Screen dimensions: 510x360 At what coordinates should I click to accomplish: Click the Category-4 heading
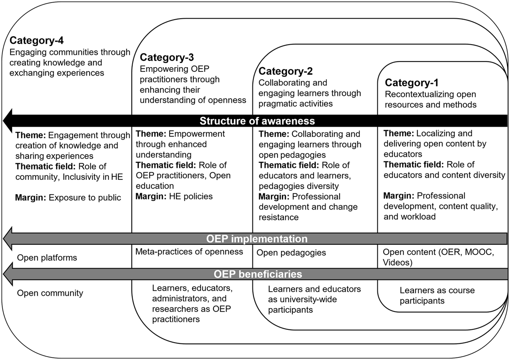click(x=37, y=40)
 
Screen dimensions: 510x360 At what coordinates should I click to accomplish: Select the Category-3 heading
click(x=167, y=57)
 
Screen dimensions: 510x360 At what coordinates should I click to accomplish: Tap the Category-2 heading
click(x=286, y=71)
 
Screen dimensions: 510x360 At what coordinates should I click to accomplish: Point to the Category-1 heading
click(x=412, y=82)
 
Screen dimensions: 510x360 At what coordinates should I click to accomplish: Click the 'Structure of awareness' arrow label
click(x=257, y=121)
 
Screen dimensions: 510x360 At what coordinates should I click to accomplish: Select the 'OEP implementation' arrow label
click(x=257, y=239)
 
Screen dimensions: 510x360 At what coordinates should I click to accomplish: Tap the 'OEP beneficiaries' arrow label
click(x=258, y=274)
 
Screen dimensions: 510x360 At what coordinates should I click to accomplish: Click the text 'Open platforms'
click(x=47, y=258)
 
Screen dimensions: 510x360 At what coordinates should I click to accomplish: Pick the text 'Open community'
click(x=50, y=293)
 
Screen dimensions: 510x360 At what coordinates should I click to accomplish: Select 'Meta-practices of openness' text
click(x=189, y=252)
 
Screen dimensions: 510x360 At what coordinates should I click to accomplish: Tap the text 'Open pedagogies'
click(x=291, y=253)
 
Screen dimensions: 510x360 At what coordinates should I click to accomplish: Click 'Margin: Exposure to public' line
click(x=68, y=198)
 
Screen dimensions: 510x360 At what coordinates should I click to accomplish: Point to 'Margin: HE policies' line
click(x=174, y=196)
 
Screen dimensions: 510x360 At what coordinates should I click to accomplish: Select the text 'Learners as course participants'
click(x=437, y=295)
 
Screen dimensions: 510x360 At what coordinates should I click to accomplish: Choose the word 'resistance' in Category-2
click(x=279, y=218)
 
